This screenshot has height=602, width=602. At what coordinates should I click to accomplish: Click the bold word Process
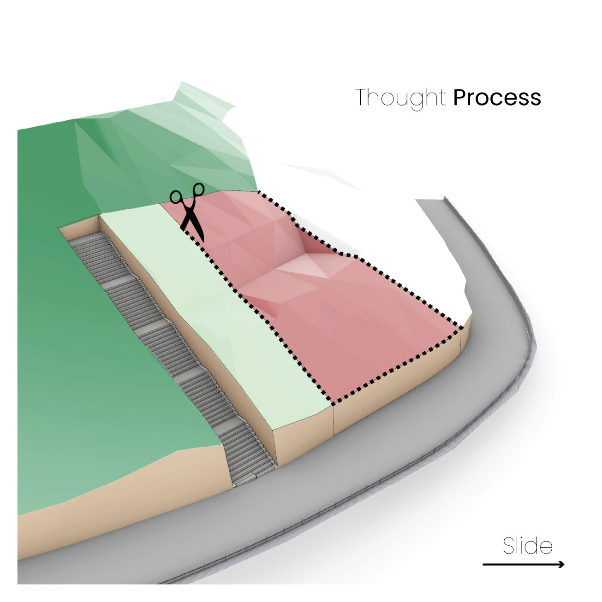coord(497,97)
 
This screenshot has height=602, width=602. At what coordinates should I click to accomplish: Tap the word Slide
coord(527,545)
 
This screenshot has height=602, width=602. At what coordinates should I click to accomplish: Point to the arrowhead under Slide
coord(561,565)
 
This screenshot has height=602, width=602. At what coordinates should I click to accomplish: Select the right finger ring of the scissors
coord(198,189)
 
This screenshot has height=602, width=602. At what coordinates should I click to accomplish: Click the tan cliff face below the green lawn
coord(119,500)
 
